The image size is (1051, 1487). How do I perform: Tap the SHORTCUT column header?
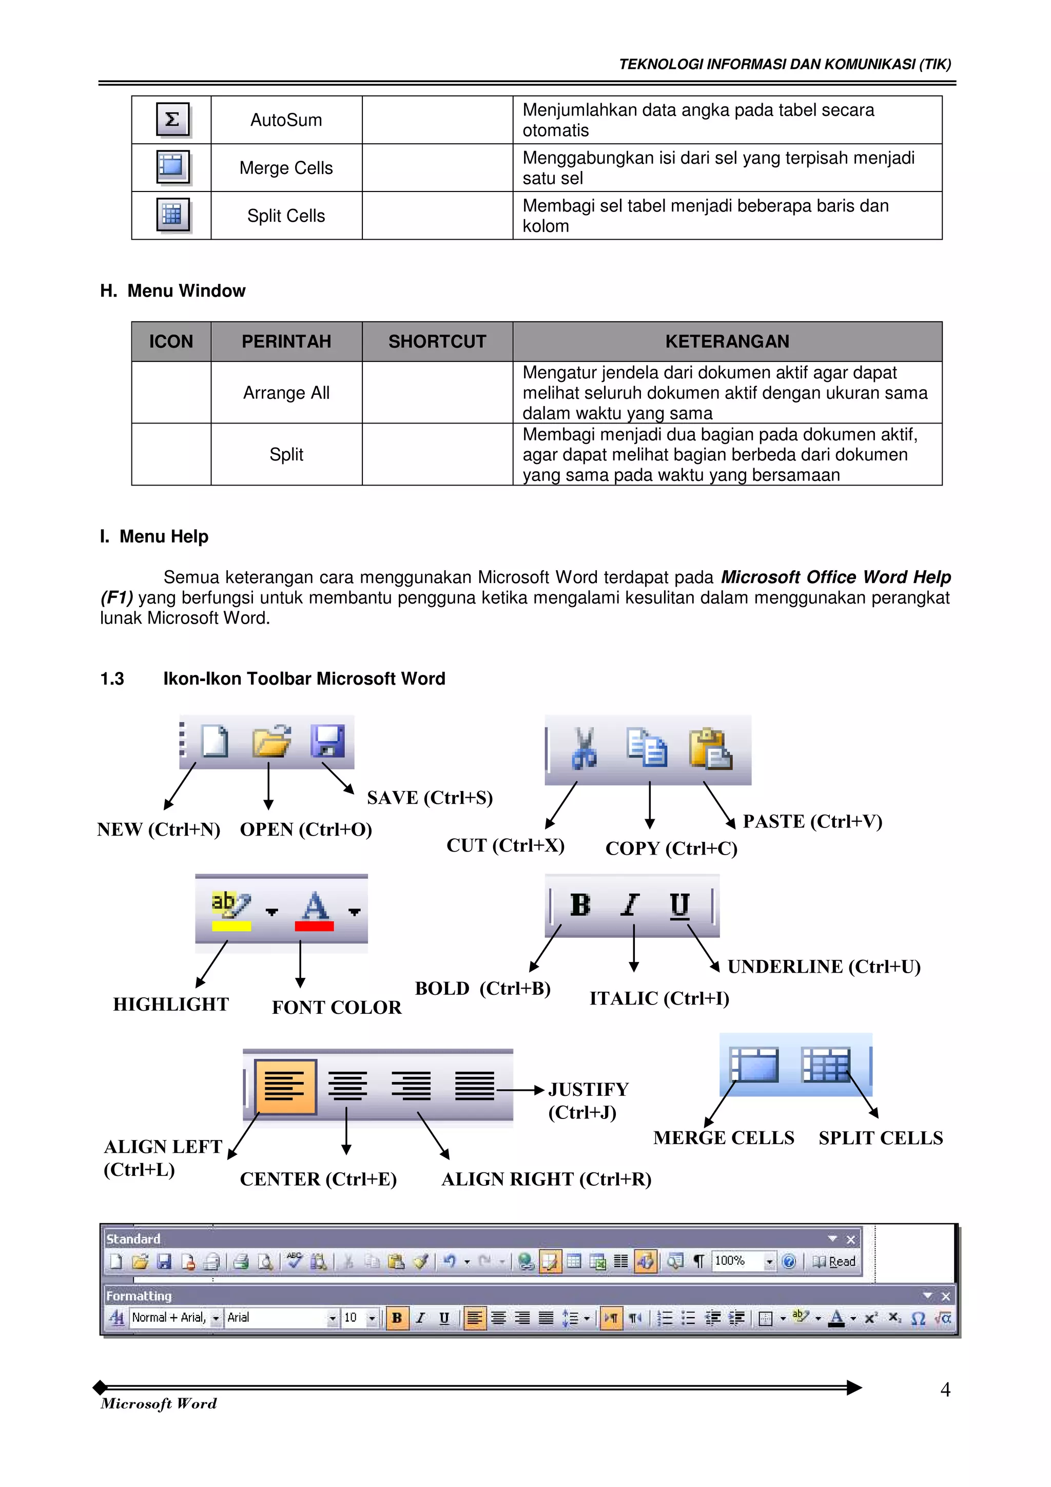pyautogui.click(x=437, y=341)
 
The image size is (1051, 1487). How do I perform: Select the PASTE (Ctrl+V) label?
pyautogui.click(x=812, y=821)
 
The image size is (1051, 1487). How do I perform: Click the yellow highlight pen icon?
pyautogui.click(x=230, y=906)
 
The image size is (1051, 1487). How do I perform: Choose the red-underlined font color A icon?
pyautogui.click(x=315, y=908)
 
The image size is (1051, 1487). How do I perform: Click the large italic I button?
pyautogui.click(x=630, y=905)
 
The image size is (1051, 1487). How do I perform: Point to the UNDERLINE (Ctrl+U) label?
pyautogui.click(x=824, y=967)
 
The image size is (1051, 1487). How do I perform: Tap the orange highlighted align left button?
pyautogui.click(x=285, y=1086)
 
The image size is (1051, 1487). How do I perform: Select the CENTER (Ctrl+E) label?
pyautogui.click(x=318, y=1179)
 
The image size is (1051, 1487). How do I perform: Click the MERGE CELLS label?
pyautogui.click(x=723, y=1138)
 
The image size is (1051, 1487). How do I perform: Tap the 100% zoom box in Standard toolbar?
pyautogui.click(x=736, y=1261)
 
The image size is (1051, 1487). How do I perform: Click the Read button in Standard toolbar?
pyautogui.click(x=835, y=1261)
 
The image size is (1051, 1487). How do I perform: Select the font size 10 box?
pyautogui.click(x=353, y=1317)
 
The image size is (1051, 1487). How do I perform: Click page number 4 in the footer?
pyautogui.click(x=945, y=1389)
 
